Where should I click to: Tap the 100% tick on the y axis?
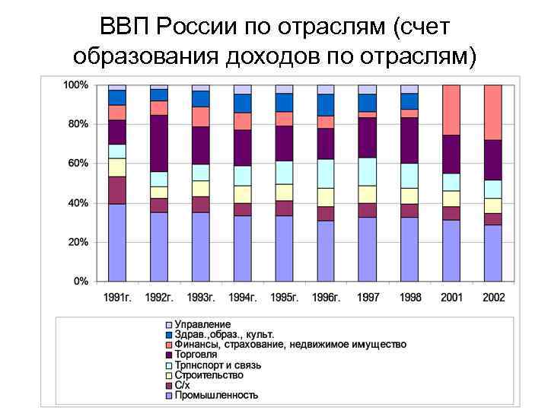tap(75, 84)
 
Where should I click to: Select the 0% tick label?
tap(80, 282)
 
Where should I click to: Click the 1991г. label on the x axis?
tap(117, 297)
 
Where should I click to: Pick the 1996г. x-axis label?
tap(326, 297)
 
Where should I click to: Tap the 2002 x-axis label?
tap(493, 297)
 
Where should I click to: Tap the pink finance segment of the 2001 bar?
tap(451, 110)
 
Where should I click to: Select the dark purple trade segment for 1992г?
tap(159, 143)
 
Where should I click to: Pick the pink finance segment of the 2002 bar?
tap(493, 112)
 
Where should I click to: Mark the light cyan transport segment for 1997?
tap(368, 171)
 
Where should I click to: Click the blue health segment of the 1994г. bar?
tap(243, 103)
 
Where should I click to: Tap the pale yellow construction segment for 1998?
tap(409, 196)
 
